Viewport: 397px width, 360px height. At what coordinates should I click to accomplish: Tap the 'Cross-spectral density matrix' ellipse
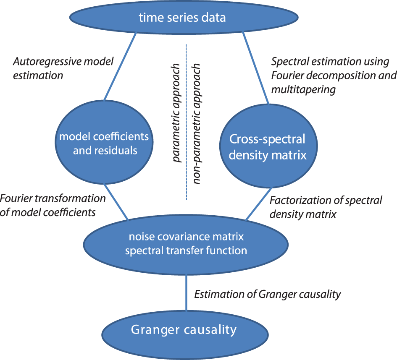tap(267, 147)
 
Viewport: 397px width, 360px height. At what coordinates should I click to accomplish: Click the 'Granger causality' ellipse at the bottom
tap(184, 330)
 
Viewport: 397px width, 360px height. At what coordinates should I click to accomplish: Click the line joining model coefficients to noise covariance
tap(116, 201)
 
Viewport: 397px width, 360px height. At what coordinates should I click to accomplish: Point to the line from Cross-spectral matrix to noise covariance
tap(258, 203)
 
